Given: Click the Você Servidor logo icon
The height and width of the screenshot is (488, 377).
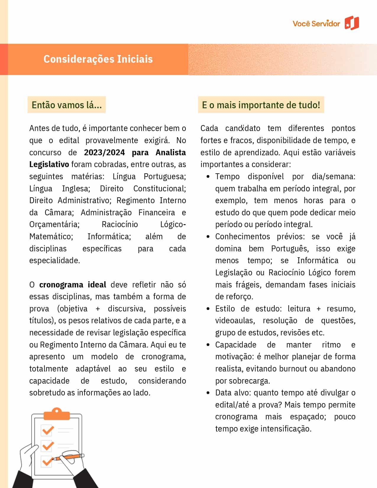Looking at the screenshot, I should [x=352, y=23].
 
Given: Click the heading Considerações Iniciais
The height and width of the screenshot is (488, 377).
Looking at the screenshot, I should [x=98, y=59].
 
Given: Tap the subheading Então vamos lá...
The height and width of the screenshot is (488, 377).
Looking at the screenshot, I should [x=67, y=105].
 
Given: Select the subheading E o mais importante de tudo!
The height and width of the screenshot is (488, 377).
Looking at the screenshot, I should [x=261, y=105].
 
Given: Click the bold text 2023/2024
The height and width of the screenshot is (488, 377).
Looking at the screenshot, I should [x=104, y=152].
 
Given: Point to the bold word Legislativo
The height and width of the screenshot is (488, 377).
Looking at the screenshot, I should [x=49, y=164].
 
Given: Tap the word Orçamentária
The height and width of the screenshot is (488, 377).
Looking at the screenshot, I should [x=54, y=224].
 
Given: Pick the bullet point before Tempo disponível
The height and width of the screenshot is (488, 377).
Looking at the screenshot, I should [x=208, y=177].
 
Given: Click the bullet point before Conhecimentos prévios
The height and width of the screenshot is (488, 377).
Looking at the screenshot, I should [x=208, y=237].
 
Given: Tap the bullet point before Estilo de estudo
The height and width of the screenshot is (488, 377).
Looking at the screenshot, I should [x=208, y=309].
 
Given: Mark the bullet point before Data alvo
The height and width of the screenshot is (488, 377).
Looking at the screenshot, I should [x=208, y=393].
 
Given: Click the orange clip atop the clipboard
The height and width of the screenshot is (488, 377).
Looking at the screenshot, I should [x=56, y=414].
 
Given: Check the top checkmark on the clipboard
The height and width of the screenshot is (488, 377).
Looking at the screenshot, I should [x=47, y=430].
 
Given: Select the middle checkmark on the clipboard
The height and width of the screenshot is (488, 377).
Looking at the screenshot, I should [x=48, y=445].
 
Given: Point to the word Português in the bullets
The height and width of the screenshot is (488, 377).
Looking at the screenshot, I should [x=290, y=249].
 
